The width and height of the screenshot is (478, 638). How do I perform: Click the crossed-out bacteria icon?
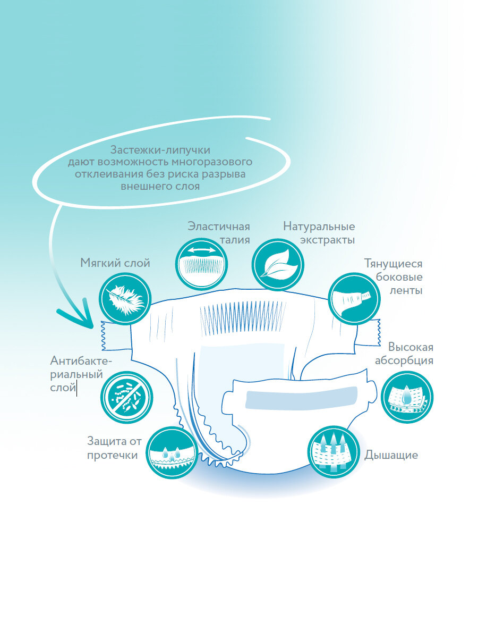(x=126, y=397)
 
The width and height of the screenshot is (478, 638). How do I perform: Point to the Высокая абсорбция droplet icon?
(x=407, y=397)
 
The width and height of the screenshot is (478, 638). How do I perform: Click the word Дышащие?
(x=391, y=455)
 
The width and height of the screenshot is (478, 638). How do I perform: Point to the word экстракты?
(x=328, y=240)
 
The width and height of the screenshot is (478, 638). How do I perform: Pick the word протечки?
(x=112, y=455)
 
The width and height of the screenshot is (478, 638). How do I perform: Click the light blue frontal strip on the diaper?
(x=301, y=396)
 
